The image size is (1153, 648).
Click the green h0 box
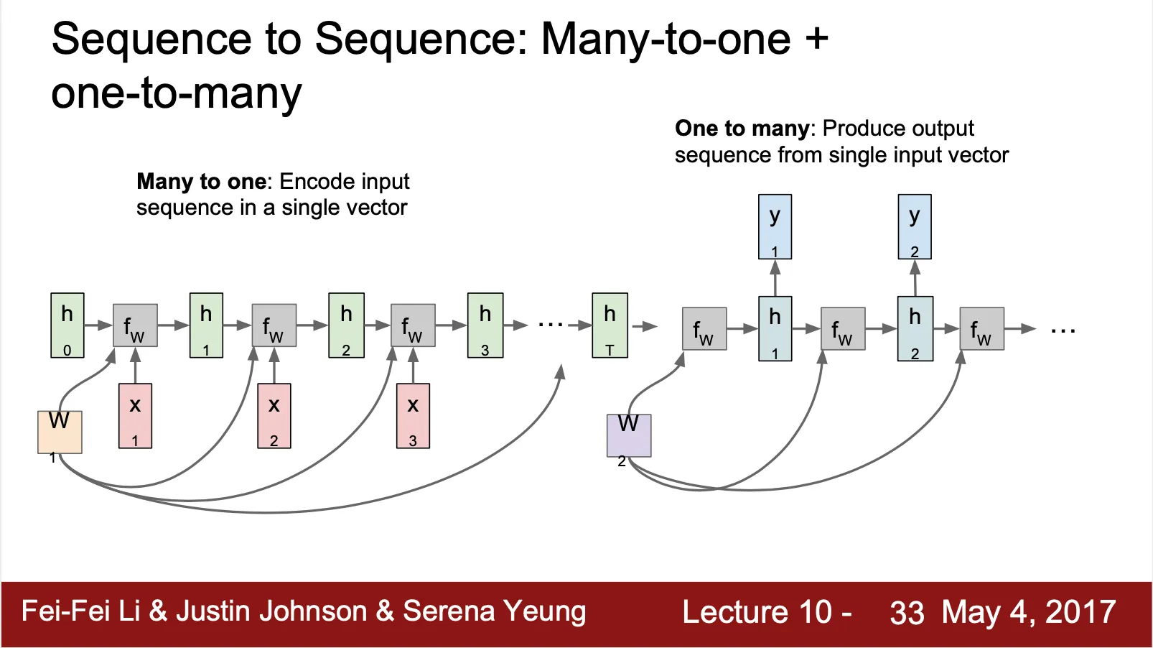67,325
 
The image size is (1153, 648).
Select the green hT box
610,325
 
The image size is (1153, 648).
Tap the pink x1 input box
135,416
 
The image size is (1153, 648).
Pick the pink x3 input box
413,416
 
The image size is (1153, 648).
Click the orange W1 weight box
60,432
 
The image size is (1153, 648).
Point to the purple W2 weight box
629,435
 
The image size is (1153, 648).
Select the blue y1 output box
775,226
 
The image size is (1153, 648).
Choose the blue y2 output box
915,226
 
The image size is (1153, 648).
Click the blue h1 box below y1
775,328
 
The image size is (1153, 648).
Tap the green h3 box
485,325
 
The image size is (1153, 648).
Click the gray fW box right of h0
135,325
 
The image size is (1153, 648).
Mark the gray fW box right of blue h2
981,329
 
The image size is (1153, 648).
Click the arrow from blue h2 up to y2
915,278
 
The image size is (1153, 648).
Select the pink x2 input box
274,416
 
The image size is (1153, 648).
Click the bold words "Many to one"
201,182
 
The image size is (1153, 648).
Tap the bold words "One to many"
742,129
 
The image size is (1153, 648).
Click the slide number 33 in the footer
907,613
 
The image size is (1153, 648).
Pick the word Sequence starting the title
151,39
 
